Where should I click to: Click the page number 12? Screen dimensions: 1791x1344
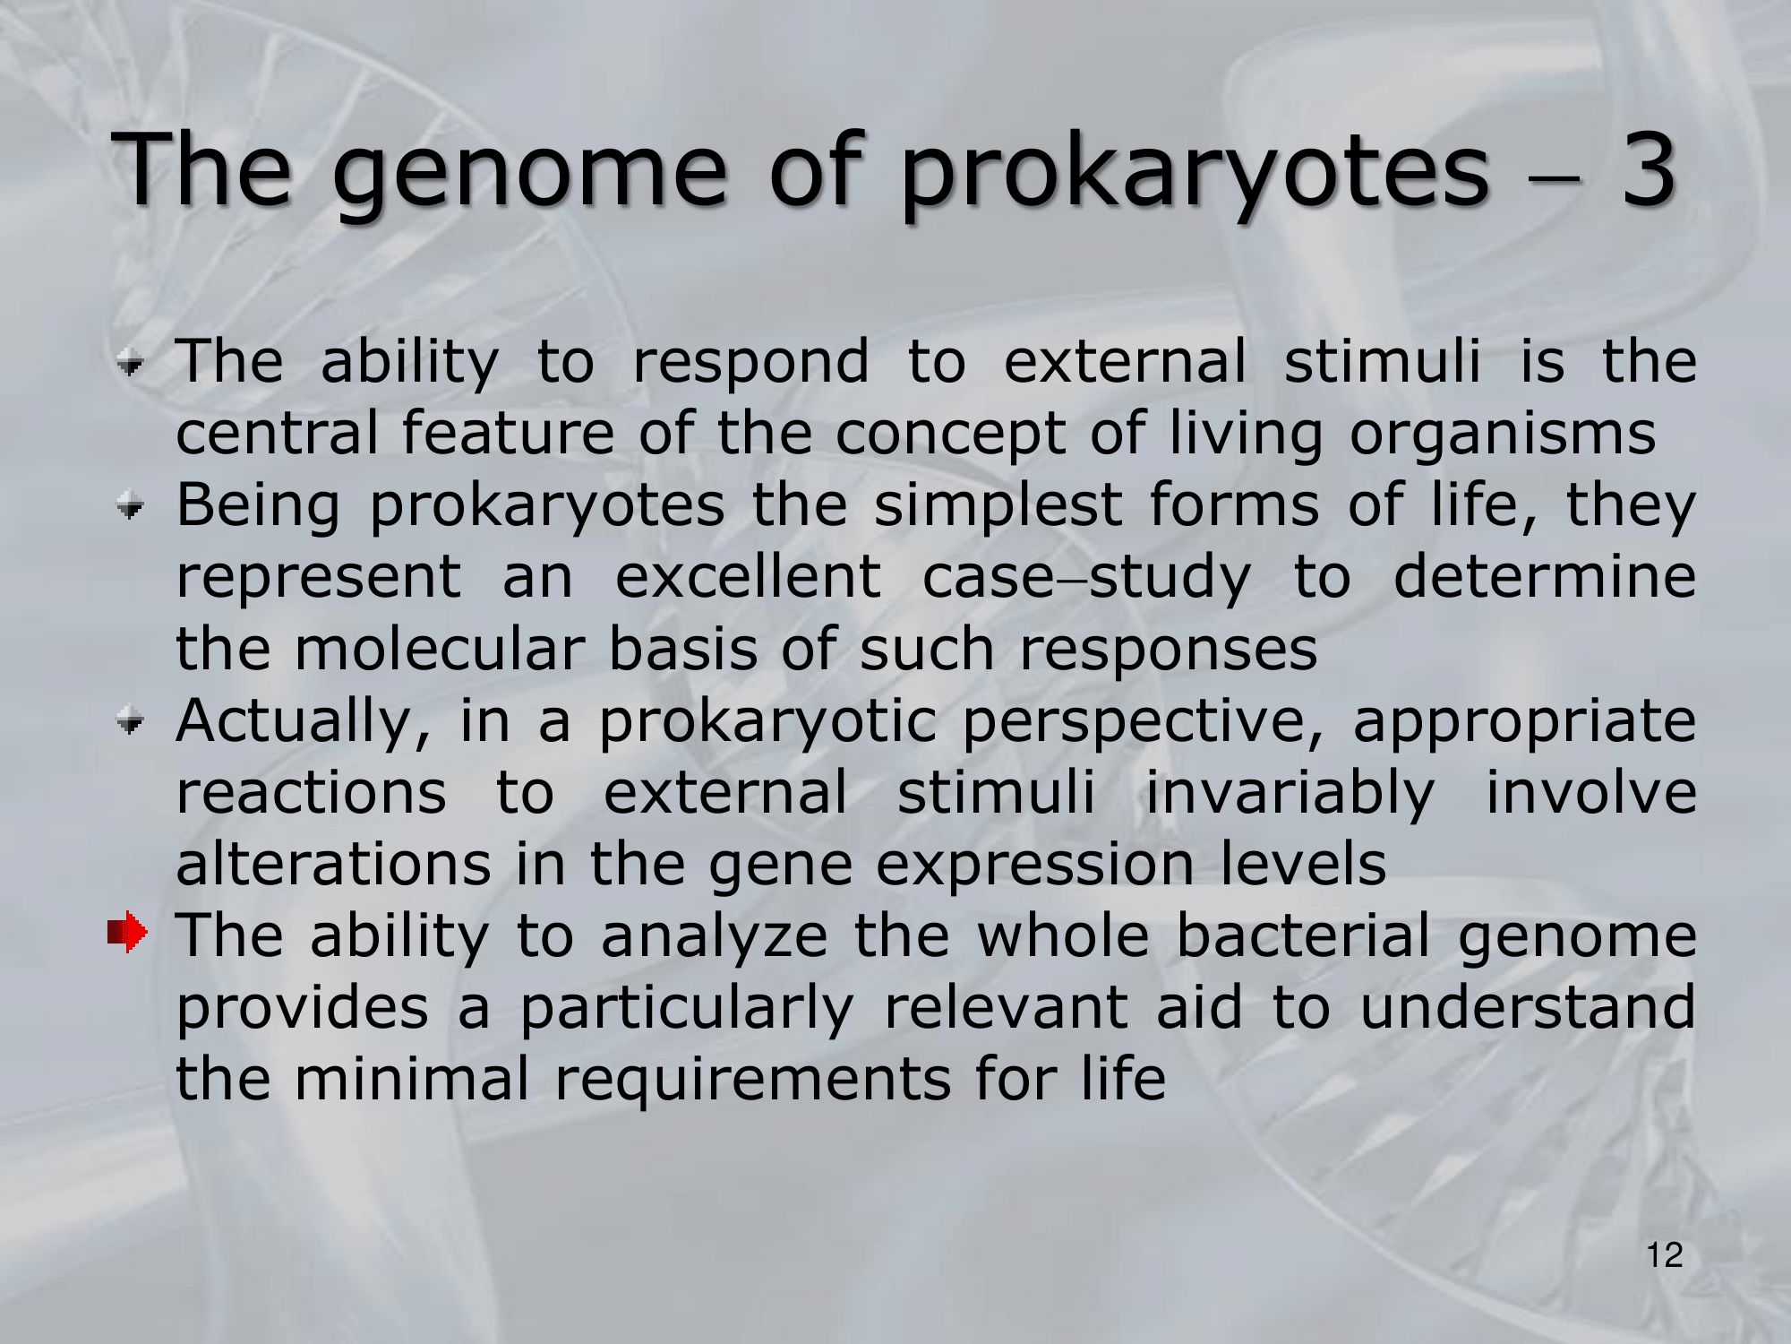tap(1665, 1255)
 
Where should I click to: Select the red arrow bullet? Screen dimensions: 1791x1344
tap(127, 933)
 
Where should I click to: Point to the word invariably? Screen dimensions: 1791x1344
tap(1290, 795)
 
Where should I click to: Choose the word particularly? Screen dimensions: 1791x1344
tap(687, 1010)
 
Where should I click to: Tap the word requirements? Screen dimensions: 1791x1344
tap(753, 1081)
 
